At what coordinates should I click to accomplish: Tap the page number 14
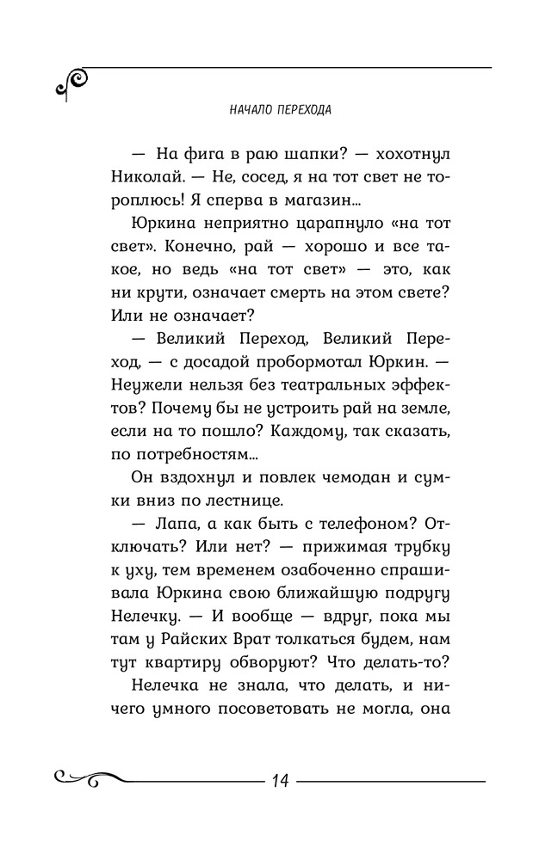[279, 781]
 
